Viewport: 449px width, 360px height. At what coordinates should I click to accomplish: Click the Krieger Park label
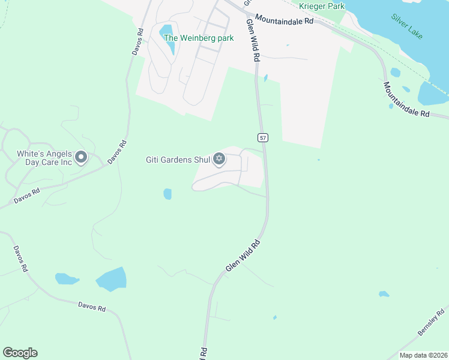(x=321, y=6)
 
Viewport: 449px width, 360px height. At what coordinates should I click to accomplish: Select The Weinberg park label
(x=199, y=38)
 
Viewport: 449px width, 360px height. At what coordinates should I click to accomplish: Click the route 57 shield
(x=263, y=137)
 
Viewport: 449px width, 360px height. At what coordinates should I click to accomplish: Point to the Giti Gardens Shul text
(x=178, y=160)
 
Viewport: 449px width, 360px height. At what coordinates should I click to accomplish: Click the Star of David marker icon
(x=220, y=159)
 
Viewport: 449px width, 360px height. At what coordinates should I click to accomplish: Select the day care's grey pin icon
(x=81, y=158)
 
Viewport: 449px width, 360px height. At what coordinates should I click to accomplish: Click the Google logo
(x=20, y=353)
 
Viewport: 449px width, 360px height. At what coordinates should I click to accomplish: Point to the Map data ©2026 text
(x=423, y=355)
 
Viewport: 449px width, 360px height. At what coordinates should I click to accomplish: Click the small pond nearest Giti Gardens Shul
(x=167, y=194)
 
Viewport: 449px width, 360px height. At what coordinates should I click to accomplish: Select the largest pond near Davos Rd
(x=111, y=279)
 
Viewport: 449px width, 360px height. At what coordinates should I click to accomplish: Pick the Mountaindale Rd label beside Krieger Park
(x=284, y=20)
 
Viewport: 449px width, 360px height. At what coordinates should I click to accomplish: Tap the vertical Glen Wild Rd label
(x=253, y=40)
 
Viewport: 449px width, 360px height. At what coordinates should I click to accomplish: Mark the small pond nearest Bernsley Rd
(x=384, y=294)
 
